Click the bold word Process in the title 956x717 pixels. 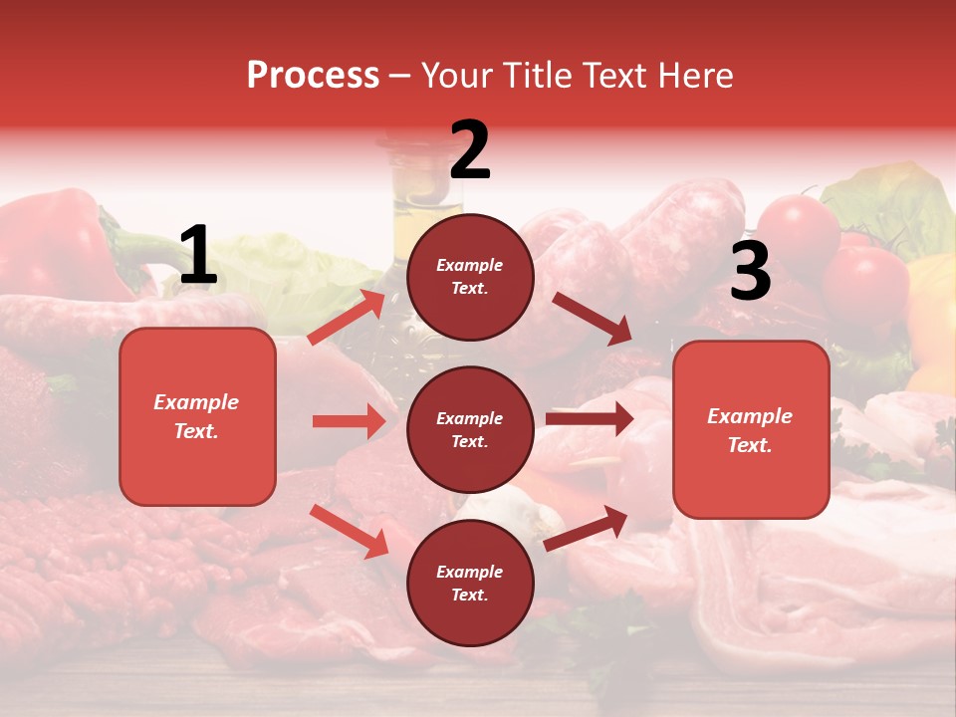pos(313,75)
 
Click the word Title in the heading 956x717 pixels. pos(539,75)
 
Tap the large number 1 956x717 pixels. pos(197,256)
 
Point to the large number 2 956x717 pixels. pos(470,150)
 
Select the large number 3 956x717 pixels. pos(750,271)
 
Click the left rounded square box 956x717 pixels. pos(197,416)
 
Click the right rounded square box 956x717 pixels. pos(751,429)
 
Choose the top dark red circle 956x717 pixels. pos(470,277)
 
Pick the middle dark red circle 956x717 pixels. pos(470,429)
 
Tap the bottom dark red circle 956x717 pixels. pos(470,583)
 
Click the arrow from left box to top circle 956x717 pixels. pos(347,317)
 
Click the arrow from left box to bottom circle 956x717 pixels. pos(349,530)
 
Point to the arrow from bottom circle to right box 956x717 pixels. pos(586,529)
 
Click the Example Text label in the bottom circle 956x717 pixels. pos(470,584)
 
